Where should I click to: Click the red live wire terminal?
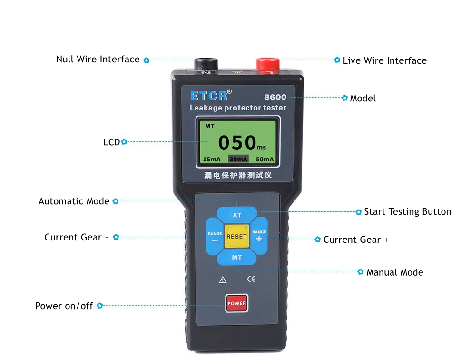[x=268, y=65]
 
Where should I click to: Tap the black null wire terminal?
[x=206, y=64]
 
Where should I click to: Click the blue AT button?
[x=237, y=214]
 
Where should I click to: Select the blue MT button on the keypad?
[x=237, y=258]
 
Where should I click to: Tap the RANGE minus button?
[x=215, y=237]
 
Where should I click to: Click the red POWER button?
[x=237, y=303]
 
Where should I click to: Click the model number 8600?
[x=275, y=97]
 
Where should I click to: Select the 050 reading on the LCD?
[x=237, y=142]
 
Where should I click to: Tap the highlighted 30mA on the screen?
[x=238, y=159]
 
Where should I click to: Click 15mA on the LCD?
[x=211, y=159]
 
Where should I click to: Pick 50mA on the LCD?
[x=265, y=159]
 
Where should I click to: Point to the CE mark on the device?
[x=251, y=279]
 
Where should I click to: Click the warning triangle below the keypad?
[x=223, y=280]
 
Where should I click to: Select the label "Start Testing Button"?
[x=407, y=212]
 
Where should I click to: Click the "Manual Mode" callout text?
[x=394, y=272]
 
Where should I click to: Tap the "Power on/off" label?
[x=64, y=306]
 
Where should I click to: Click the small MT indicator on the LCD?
[x=210, y=126]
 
